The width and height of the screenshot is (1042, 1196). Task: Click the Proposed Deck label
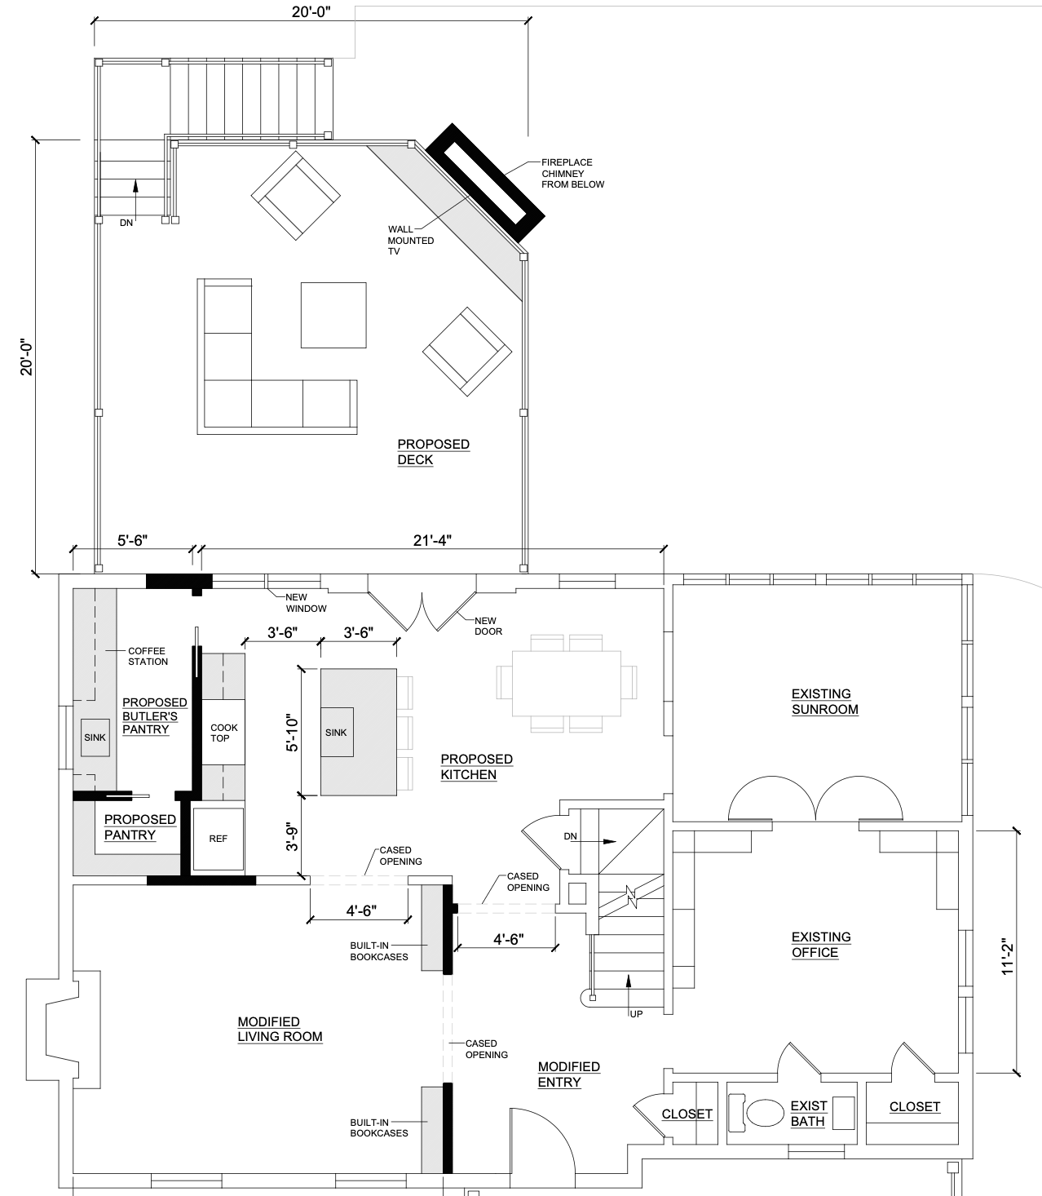434,452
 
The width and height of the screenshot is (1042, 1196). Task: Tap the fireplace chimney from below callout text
572,173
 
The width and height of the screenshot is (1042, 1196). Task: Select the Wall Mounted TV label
411,240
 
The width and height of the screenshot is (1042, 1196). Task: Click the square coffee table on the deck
333,315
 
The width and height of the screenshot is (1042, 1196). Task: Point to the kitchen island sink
337,732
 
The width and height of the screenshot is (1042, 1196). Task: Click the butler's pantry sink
95,738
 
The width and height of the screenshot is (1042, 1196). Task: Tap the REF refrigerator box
218,839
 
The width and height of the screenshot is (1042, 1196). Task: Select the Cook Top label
223,733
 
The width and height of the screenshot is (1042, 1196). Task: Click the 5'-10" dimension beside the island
292,733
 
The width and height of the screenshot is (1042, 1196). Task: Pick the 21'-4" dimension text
432,541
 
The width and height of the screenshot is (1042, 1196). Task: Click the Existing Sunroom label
825,702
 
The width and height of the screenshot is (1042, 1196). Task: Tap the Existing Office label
820,945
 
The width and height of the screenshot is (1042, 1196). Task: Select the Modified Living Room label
280,1029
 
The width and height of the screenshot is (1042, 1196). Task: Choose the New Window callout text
306,603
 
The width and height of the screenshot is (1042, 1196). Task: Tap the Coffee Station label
148,656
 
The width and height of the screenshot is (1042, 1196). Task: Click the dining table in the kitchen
566,683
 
